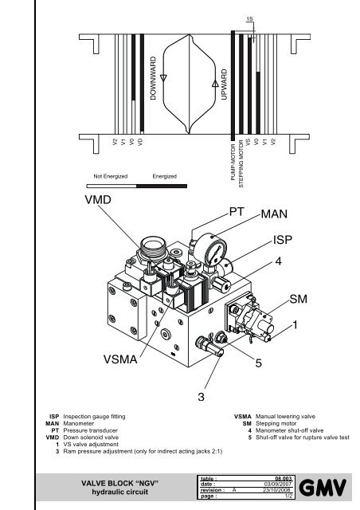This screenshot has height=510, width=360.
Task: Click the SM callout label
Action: [299, 298]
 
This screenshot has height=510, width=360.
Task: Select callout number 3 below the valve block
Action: [202, 396]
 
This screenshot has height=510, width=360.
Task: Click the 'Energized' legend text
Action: [164, 175]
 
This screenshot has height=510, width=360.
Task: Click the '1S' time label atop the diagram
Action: [250, 18]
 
